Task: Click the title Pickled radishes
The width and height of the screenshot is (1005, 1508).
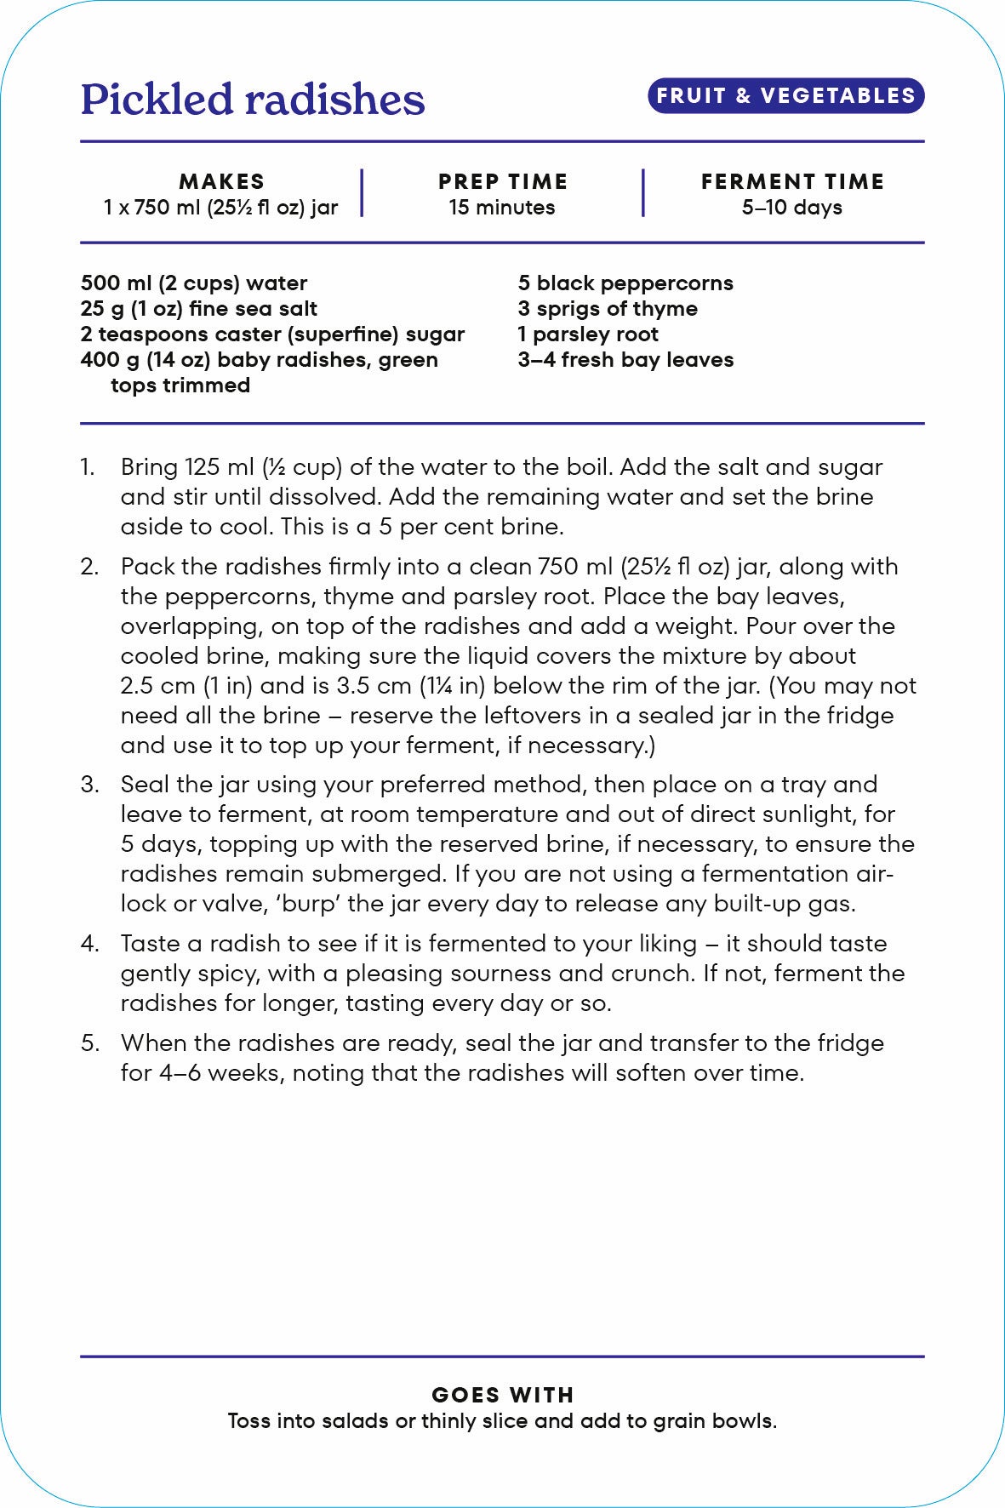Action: (x=253, y=100)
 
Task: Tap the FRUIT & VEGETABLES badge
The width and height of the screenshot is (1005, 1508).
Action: (x=785, y=95)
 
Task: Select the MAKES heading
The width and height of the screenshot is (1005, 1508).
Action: (x=221, y=181)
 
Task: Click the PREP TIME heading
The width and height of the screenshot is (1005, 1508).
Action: (x=502, y=181)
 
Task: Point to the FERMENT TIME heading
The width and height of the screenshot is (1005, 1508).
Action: (x=792, y=181)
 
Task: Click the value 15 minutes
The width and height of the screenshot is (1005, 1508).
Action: (x=502, y=208)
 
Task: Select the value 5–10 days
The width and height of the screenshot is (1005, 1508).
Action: (x=792, y=208)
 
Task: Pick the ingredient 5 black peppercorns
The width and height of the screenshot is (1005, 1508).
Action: (x=625, y=283)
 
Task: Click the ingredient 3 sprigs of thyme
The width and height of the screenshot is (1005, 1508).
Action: (x=608, y=309)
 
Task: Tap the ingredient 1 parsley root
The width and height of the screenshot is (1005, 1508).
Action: (x=588, y=334)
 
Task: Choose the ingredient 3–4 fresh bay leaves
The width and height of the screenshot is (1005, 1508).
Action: (x=625, y=360)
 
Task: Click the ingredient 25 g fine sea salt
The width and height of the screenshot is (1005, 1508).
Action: (x=198, y=309)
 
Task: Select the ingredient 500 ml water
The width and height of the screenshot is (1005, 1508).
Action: (x=193, y=283)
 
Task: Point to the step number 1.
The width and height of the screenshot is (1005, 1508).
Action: (x=88, y=467)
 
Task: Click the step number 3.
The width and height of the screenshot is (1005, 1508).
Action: (x=89, y=785)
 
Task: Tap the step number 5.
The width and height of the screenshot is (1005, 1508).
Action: (x=89, y=1043)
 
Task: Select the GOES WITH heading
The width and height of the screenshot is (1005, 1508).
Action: (x=502, y=1395)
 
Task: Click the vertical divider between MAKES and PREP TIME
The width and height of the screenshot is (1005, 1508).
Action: (x=362, y=193)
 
